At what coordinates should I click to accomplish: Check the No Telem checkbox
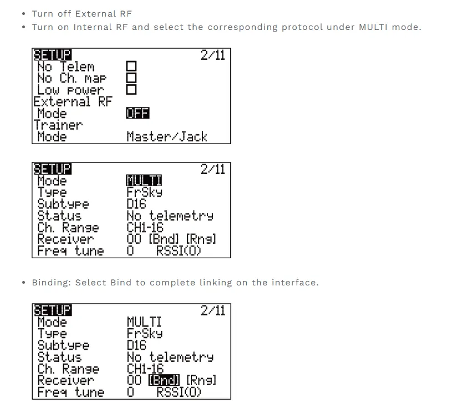(131, 67)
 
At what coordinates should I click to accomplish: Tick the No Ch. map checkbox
(131, 79)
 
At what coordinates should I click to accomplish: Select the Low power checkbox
(131, 90)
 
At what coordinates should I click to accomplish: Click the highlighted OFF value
(138, 113)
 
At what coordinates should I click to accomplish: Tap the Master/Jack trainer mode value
(166, 136)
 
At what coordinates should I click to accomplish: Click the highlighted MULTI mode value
(144, 181)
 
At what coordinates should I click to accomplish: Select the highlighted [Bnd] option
(164, 380)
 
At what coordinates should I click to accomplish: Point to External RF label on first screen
(72, 102)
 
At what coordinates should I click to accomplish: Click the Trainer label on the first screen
(58, 125)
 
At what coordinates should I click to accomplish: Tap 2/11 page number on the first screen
(212, 55)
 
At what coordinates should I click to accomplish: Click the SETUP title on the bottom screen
(52, 310)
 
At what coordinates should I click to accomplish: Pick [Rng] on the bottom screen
(201, 380)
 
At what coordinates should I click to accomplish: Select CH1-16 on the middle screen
(145, 228)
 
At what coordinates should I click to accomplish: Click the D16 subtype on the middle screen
(136, 205)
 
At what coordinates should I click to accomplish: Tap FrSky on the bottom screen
(144, 334)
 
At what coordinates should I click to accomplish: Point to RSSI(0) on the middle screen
(179, 251)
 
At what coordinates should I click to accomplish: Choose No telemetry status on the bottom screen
(170, 357)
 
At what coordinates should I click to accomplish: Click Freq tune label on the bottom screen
(70, 392)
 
